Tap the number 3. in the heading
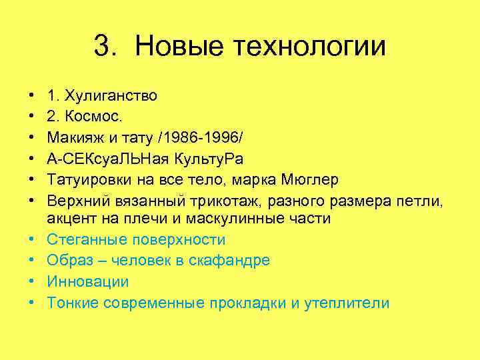click(x=108, y=46)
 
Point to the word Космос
click(x=87, y=116)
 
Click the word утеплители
click(x=348, y=303)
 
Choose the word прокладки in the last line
click(x=247, y=303)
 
